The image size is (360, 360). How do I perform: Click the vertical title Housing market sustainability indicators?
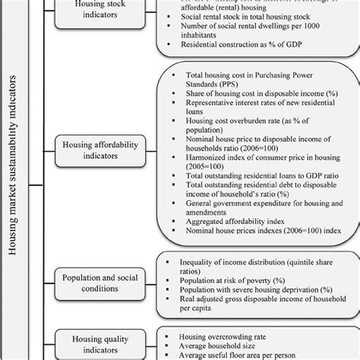pyautogui.click(x=17, y=180)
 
